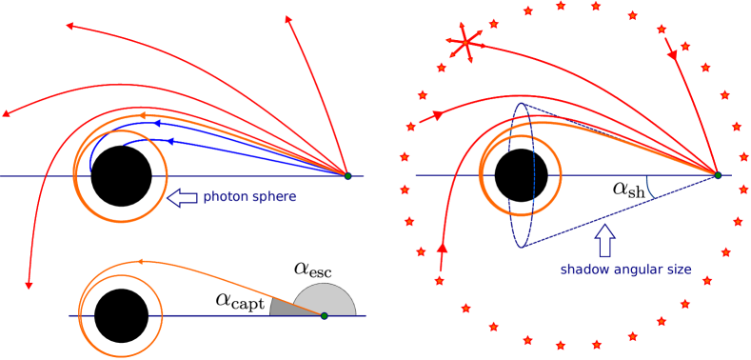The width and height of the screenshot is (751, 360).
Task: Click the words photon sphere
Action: pos(249,196)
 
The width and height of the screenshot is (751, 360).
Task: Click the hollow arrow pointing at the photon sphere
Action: pos(183,197)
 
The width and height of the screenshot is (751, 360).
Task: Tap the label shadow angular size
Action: pos(625,269)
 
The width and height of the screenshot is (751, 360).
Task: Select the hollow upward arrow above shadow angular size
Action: pos(604,238)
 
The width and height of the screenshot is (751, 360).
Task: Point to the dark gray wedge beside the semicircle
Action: pos(283,306)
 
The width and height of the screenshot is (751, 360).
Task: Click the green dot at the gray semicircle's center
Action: pos(324,315)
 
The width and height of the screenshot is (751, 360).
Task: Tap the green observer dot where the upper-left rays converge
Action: pos(347,176)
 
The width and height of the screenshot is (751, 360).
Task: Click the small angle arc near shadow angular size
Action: pos(650,187)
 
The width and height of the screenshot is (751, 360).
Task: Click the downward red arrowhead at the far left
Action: pos(29,283)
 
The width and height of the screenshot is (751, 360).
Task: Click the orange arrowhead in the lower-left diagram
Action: pos(141,261)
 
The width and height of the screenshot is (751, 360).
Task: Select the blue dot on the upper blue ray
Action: pos(158,124)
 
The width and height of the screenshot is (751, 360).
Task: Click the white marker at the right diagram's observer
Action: pos(716,179)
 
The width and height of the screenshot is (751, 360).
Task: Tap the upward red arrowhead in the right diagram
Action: pos(442,249)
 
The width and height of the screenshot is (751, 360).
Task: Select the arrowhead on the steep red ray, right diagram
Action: pos(672,55)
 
